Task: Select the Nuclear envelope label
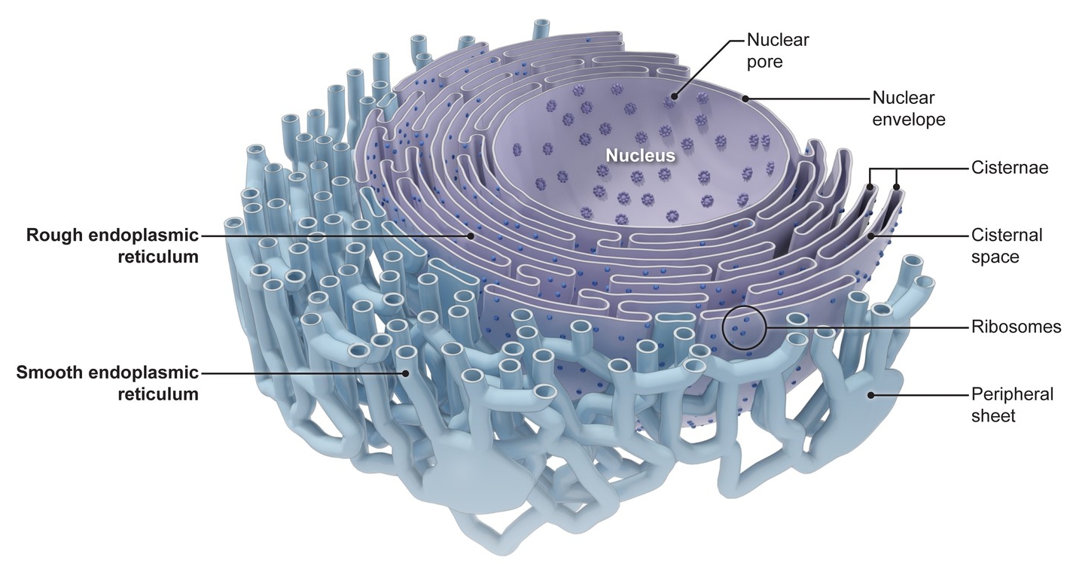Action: point(908,108)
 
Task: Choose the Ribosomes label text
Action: point(1016,327)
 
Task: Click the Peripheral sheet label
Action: point(1012,404)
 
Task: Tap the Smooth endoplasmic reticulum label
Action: point(108,382)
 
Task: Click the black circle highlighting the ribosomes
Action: point(744,328)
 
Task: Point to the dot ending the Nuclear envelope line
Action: point(745,98)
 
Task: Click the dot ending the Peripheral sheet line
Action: point(871,394)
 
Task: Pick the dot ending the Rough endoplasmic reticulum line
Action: point(471,236)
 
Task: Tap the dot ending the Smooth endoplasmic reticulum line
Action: point(404,373)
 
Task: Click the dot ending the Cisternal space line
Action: point(871,236)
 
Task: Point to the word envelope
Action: point(908,119)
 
